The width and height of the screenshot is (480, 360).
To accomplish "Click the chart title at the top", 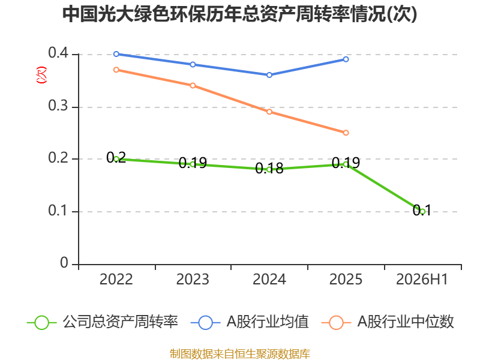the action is tap(239, 14).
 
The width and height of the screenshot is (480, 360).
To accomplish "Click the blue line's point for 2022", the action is tap(116, 54).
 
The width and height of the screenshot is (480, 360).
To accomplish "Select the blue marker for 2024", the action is tap(269, 75).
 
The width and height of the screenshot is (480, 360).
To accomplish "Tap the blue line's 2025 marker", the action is tap(346, 59).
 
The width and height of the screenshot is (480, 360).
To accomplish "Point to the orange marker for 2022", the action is tap(116, 70).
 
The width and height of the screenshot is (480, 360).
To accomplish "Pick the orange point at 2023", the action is tap(193, 85).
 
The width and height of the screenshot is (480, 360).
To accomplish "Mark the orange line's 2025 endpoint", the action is tap(346, 133).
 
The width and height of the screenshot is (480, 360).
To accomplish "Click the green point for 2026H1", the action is tap(422, 211).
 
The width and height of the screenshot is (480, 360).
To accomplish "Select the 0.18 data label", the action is tap(269, 169).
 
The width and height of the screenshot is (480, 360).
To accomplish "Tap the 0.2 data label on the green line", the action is tap(116, 158).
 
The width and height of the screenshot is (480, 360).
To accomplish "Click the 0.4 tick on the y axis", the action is tap(58, 53).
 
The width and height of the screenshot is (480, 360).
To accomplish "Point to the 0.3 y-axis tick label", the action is tap(58, 106).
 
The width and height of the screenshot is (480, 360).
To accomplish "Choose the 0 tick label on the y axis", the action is tap(64, 263).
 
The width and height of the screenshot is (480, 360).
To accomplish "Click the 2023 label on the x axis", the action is tap(193, 279).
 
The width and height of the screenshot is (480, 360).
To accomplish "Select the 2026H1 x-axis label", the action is tap(422, 279).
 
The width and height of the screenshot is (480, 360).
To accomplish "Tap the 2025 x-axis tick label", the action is tap(346, 279).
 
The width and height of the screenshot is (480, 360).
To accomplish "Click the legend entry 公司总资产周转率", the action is tap(103, 322).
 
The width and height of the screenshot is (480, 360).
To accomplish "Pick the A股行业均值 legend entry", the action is tap(250, 322).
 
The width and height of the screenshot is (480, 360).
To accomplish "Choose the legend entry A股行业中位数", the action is tap(388, 322).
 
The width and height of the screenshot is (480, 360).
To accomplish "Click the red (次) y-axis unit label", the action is tap(41, 74).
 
